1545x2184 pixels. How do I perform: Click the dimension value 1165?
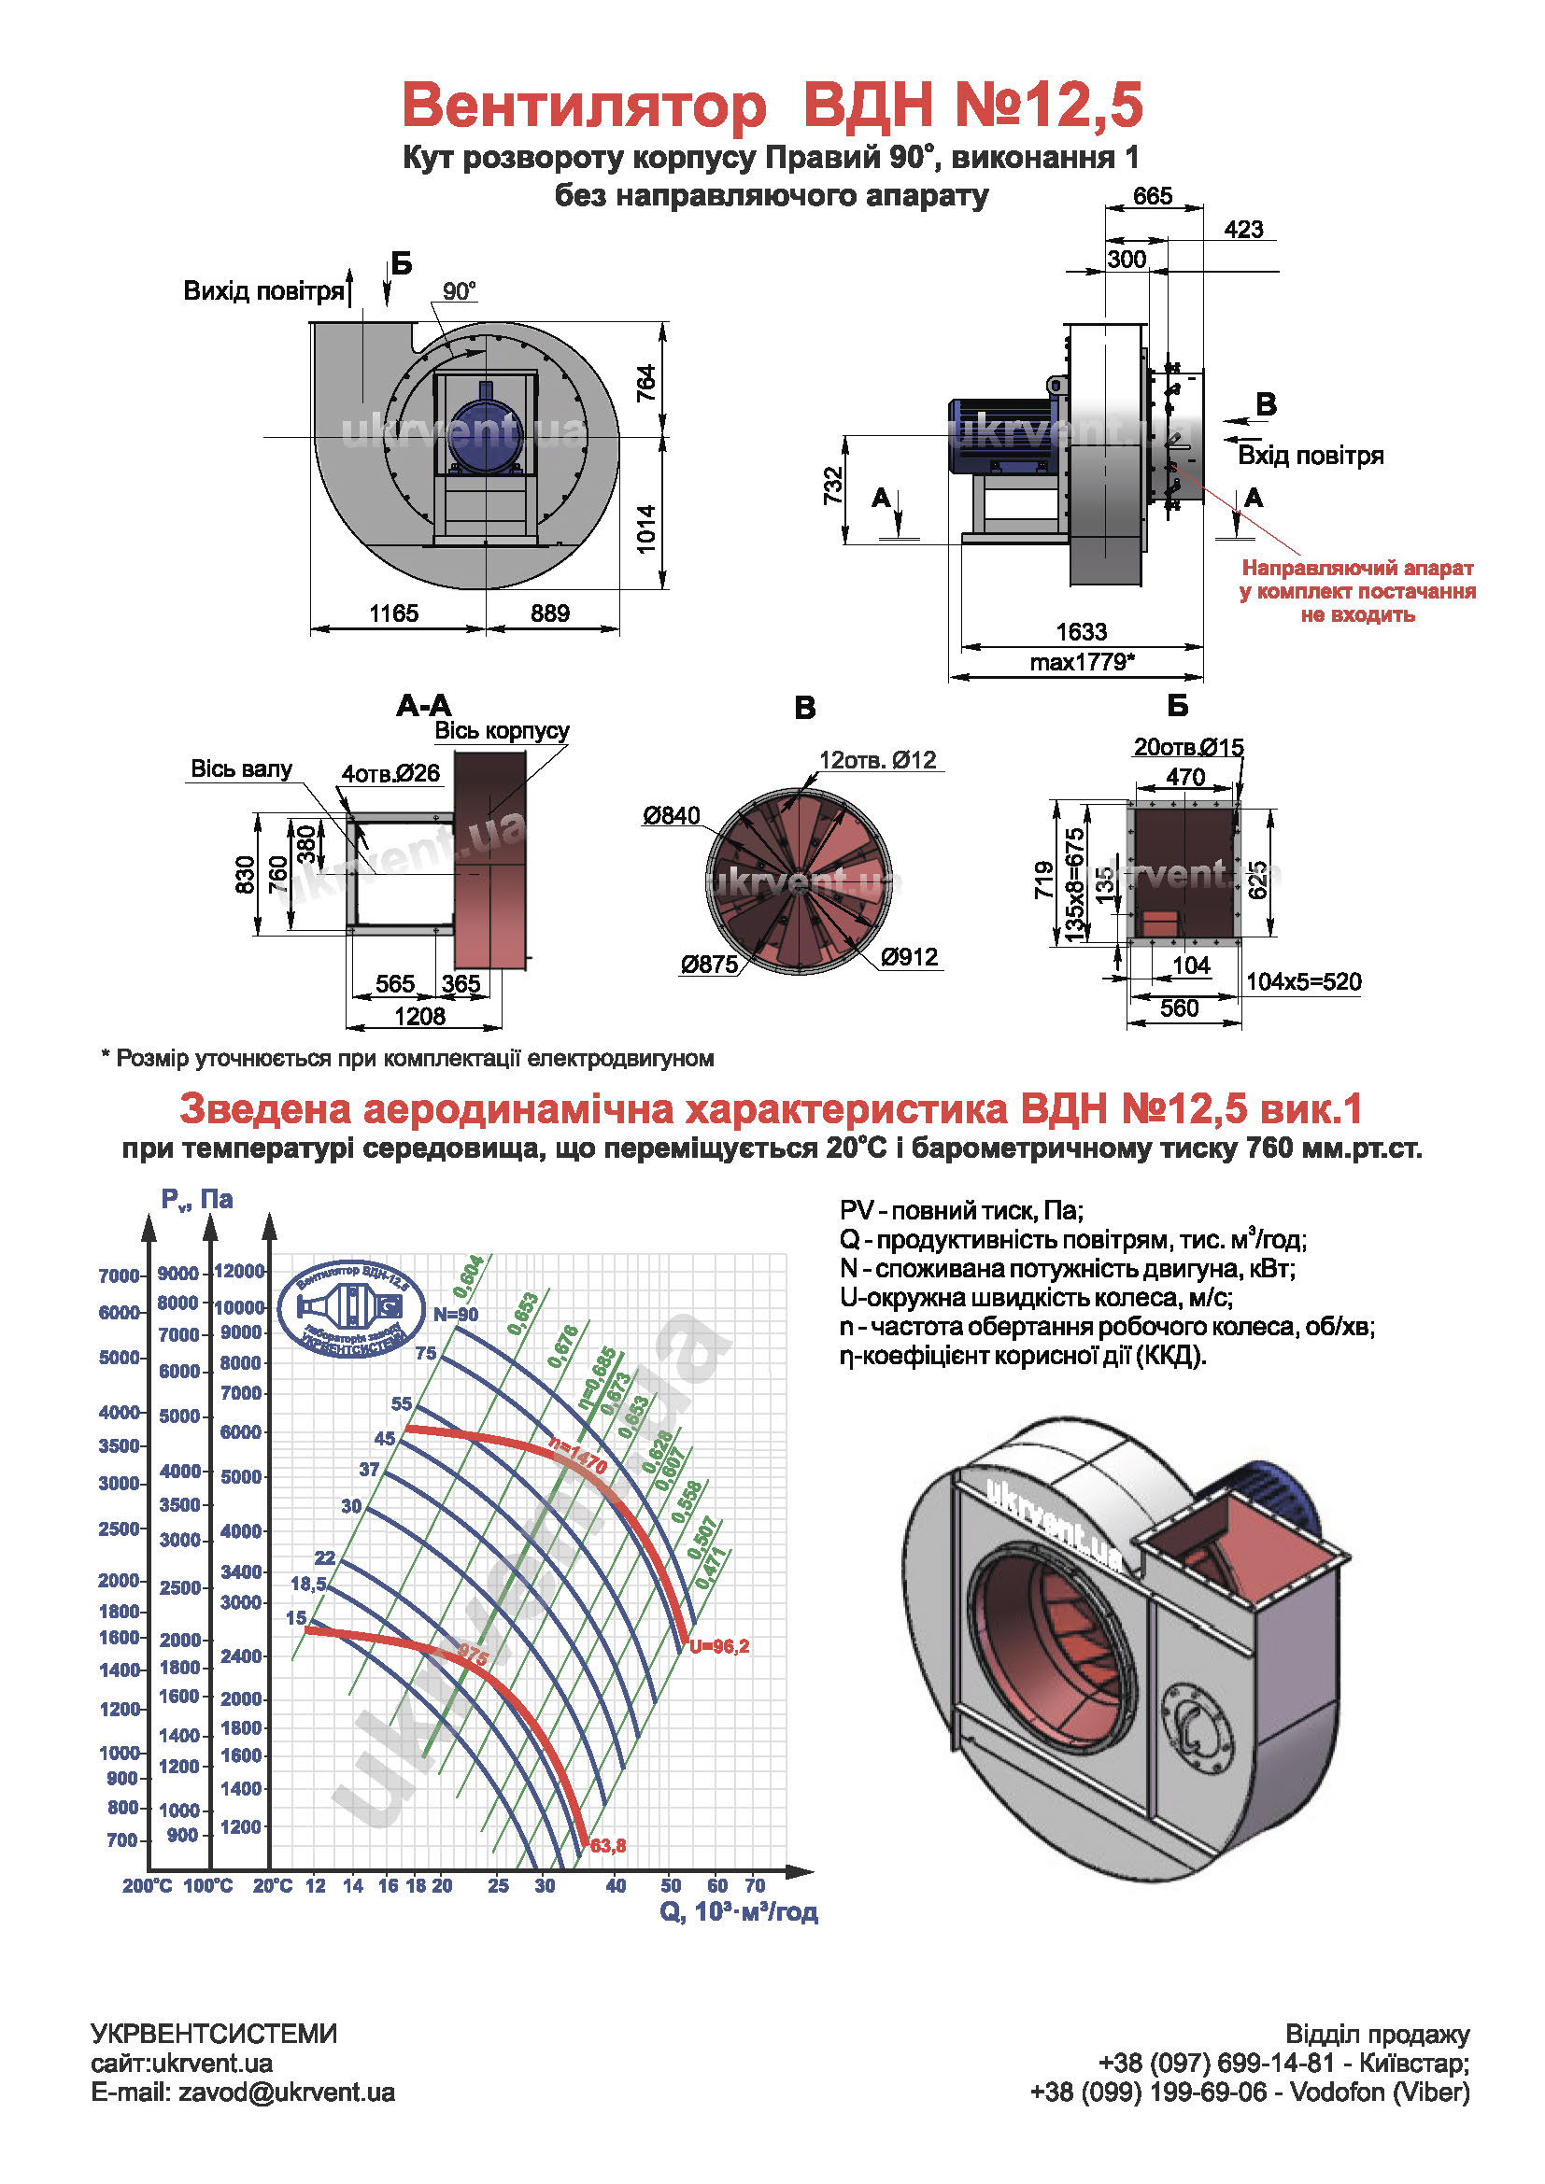tap(393, 613)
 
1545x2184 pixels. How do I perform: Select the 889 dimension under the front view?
tap(550, 613)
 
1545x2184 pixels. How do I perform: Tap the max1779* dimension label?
tap(1082, 662)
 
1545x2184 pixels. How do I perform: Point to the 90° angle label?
tap(459, 291)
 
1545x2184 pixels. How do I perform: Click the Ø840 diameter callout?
tap(671, 815)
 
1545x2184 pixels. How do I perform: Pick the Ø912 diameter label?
tap(910, 957)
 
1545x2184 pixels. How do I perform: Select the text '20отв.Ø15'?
tap(1187, 748)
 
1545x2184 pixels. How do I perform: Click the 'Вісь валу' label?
tap(241, 768)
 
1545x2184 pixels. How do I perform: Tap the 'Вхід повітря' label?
tap(1310, 456)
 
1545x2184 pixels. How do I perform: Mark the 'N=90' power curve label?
tap(456, 1315)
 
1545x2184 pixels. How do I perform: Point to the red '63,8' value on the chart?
tap(608, 1846)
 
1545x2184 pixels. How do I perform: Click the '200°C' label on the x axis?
tap(148, 1886)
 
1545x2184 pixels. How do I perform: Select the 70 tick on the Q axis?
tap(755, 1885)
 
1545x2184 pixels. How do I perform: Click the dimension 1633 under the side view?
tap(1081, 631)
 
